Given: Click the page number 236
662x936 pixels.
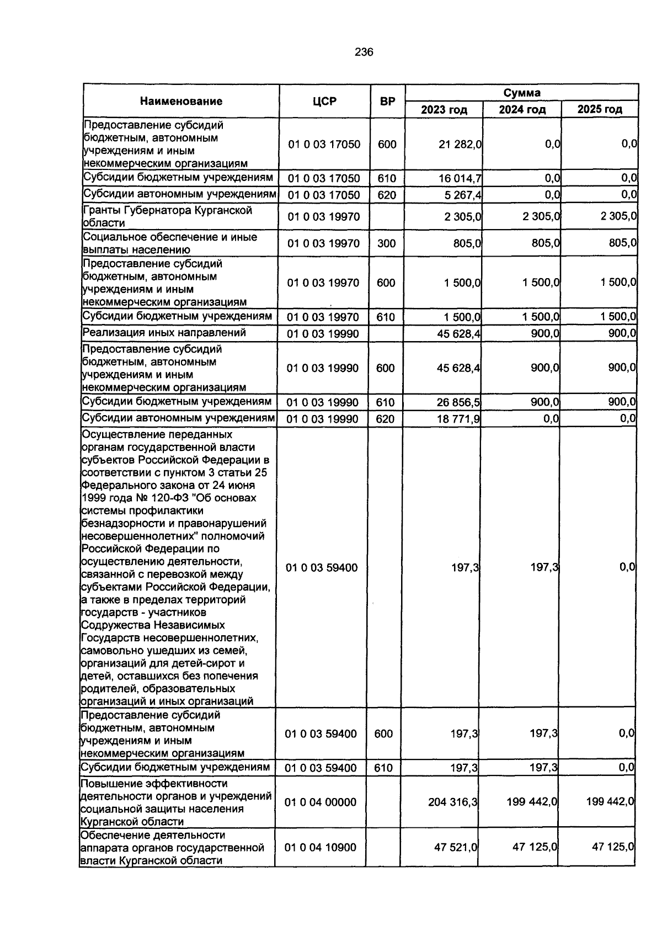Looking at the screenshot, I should pyautogui.click(x=364, y=52).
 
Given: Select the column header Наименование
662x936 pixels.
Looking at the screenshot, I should pyautogui.click(x=181, y=101).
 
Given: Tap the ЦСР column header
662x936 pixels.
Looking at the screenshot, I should pyautogui.click(x=324, y=102).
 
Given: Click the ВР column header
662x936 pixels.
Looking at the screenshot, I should pyautogui.click(x=387, y=102).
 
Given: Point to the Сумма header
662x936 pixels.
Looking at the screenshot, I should pyautogui.click(x=521, y=93).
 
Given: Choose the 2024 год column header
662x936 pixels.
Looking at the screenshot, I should pyautogui.click(x=522, y=109).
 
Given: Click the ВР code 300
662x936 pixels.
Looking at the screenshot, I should pyautogui.click(x=386, y=243).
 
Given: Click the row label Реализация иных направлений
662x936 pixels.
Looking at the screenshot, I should pyautogui.click(x=164, y=333).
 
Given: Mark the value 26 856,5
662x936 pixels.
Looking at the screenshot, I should pyautogui.click(x=458, y=402).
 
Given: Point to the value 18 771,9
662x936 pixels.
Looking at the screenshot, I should pyautogui.click(x=458, y=419).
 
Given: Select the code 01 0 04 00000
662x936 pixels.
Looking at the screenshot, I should pyautogui.click(x=321, y=802).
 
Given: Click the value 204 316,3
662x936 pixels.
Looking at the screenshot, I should pyautogui.click(x=453, y=802).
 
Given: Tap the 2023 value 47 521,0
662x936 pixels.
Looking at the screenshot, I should pyautogui.click(x=456, y=847).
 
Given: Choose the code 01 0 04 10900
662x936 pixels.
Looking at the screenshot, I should pyautogui.click(x=321, y=847).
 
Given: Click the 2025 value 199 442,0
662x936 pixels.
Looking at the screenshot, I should pyautogui.click(x=609, y=802).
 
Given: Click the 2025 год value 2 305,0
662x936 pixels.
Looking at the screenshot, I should pyautogui.click(x=618, y=216).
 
